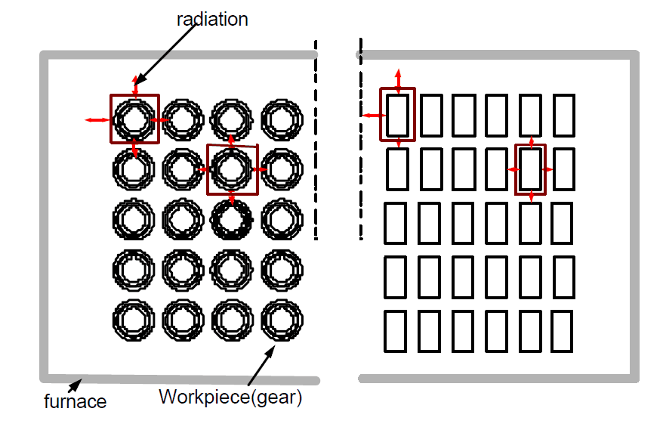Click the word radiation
(212, 20)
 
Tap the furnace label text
(75, 401)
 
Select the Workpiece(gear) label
(230, 398)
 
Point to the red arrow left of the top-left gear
(97, 120)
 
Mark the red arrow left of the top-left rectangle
(374, 115)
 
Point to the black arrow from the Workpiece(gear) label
(261, 365)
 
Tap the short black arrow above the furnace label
(75, 385)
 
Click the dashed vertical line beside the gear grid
(316, 140)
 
